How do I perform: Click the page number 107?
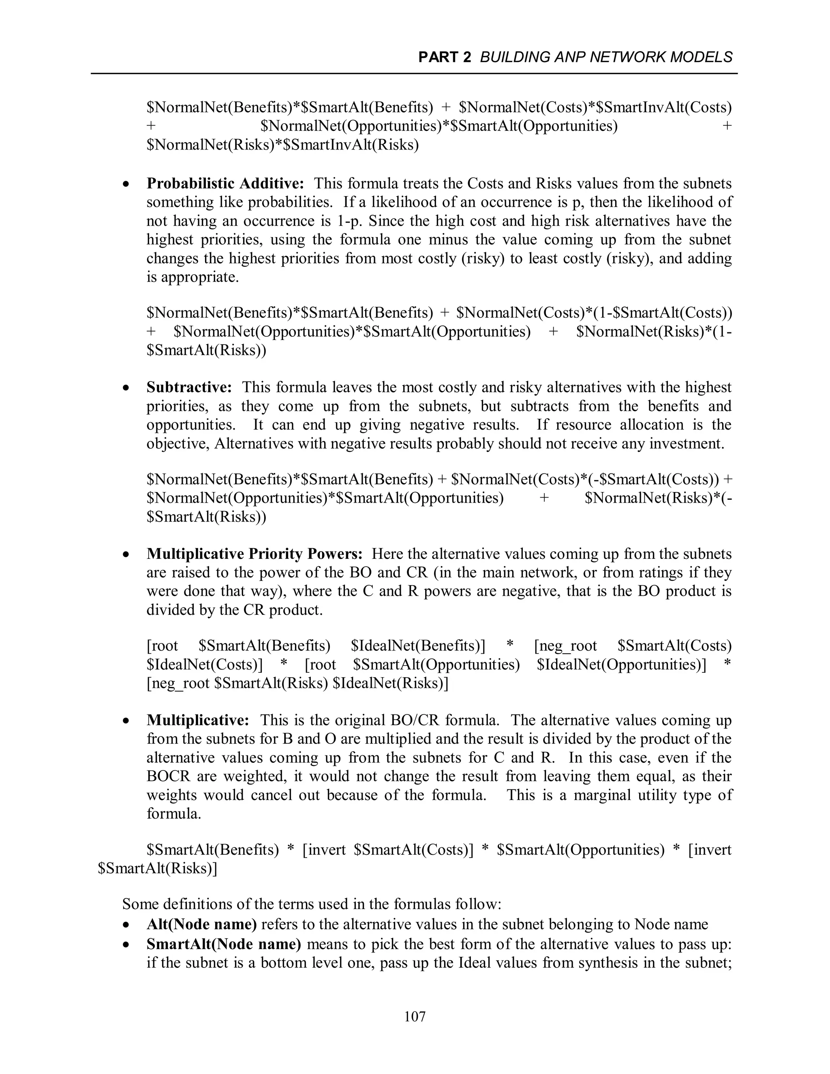tap(415, 1016)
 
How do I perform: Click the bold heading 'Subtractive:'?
tap(189, 387)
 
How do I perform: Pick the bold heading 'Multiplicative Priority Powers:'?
tap(254, 554)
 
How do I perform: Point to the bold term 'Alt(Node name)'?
tap(201, 924)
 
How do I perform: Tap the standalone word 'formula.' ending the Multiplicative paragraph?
tap(174, 814)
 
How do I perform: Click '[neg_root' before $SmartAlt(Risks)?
tap(178, 684)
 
